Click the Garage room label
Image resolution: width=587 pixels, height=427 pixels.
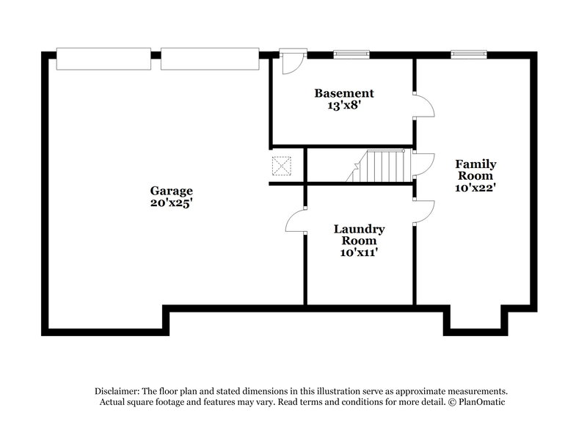coord(172,190)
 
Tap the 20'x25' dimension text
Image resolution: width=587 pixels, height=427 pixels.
coord(172,203)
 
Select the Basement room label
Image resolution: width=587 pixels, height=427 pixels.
coord(343,93)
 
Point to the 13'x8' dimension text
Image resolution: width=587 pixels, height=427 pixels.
coord(343,106)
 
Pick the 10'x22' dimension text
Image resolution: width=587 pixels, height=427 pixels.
coord(475,187)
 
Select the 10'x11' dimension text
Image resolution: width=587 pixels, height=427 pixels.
coord(360,253)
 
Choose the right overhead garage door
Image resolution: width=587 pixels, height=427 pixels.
coord(210,59)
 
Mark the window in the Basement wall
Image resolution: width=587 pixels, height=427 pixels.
coord(351,54)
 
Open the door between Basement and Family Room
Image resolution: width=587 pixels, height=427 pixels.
coord(424,106)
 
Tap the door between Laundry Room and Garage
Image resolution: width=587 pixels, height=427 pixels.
coord(296,218)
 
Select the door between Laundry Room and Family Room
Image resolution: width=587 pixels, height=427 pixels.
coord(424,212)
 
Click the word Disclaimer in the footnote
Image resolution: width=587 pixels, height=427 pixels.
coord(119,391)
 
